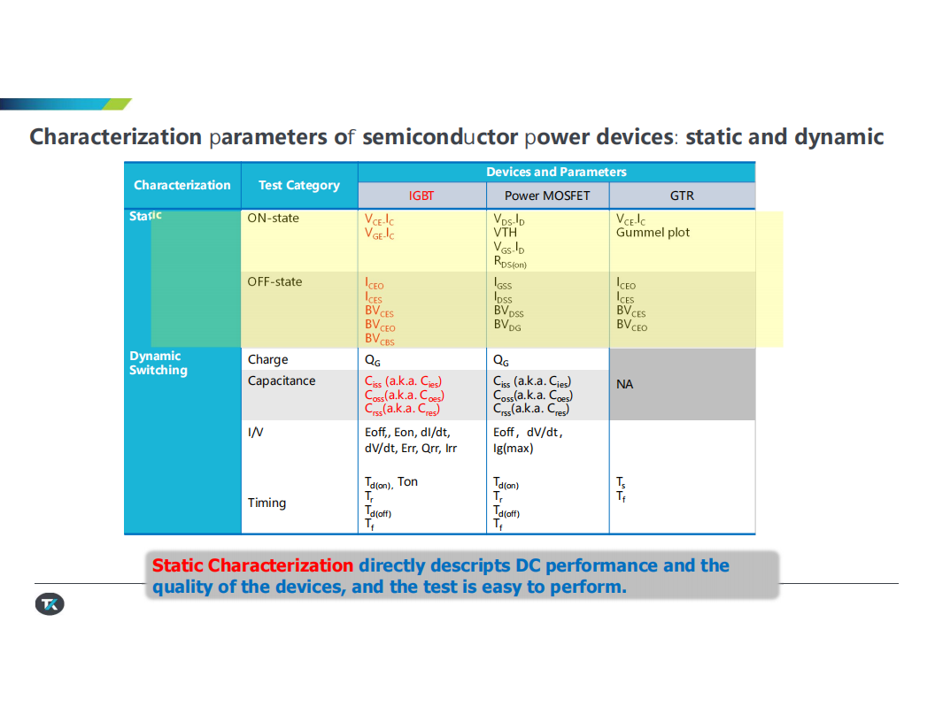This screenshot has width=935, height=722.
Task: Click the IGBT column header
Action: [421, 196]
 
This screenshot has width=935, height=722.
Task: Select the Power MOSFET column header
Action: [547, 196]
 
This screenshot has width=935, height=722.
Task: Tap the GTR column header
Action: [682, 196]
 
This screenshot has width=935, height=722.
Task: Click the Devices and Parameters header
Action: [556, 173]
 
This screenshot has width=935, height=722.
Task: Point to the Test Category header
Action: [299, 185]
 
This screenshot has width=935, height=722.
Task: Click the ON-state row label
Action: [273, 218]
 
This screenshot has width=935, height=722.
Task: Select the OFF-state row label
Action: [274, 281]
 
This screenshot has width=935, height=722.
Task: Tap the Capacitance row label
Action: [282, 380]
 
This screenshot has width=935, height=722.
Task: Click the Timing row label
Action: [267, 503]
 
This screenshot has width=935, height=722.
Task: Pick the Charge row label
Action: [267, 360]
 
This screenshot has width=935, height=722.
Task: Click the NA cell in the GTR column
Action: [624, 384]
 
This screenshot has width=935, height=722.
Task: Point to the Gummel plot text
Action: [653, 233]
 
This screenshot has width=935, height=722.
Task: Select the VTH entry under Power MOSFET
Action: [505, 233]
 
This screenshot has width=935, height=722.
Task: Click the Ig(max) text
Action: [513, 448]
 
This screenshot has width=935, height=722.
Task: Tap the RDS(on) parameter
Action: [510, 262]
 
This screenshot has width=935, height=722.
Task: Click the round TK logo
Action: [50, 604]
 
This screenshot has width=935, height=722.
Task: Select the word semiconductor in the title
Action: [440, 137]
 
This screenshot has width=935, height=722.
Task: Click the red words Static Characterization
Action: [253, 565]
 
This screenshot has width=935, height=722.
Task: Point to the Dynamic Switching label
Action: [158, 363]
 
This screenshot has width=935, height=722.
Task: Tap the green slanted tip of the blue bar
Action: [118, 104]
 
